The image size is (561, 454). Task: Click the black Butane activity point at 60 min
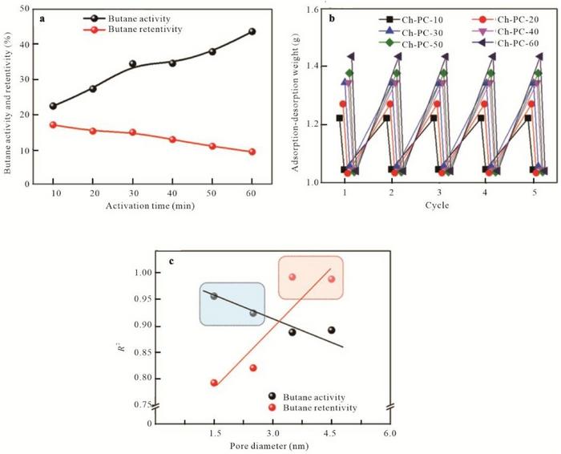(x=252, y=31)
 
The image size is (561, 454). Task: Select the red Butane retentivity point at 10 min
(x=54, y=125)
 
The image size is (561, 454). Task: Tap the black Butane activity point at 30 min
(x=132, y=63)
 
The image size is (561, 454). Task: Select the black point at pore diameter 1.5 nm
(x=214, y=296)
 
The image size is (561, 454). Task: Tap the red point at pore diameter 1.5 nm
(x=214, y=383)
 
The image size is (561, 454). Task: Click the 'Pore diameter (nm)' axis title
(x=272, y=446)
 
